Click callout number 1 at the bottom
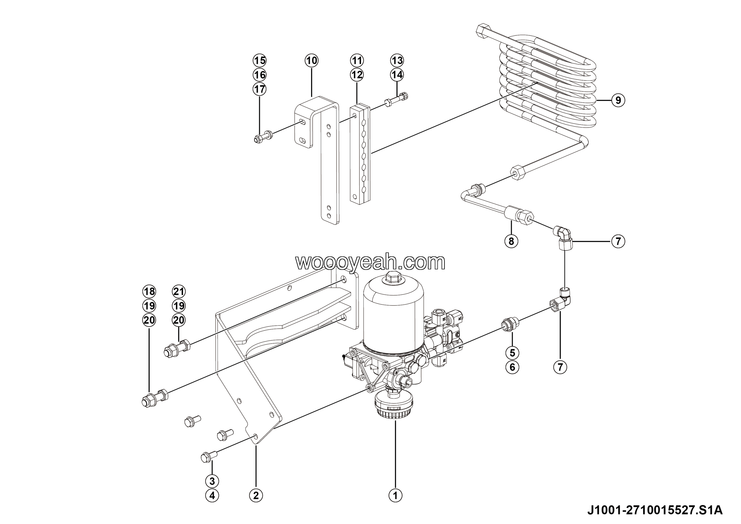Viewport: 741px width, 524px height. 395,495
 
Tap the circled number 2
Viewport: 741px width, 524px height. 256,495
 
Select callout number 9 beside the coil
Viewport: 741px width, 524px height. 618,101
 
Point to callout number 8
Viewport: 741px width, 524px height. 511,241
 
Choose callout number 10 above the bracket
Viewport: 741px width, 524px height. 311,60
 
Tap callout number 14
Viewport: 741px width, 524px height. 397,74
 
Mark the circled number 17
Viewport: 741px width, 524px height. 259,89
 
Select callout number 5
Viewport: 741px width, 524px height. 512,353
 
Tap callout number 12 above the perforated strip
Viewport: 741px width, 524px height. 357,74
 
